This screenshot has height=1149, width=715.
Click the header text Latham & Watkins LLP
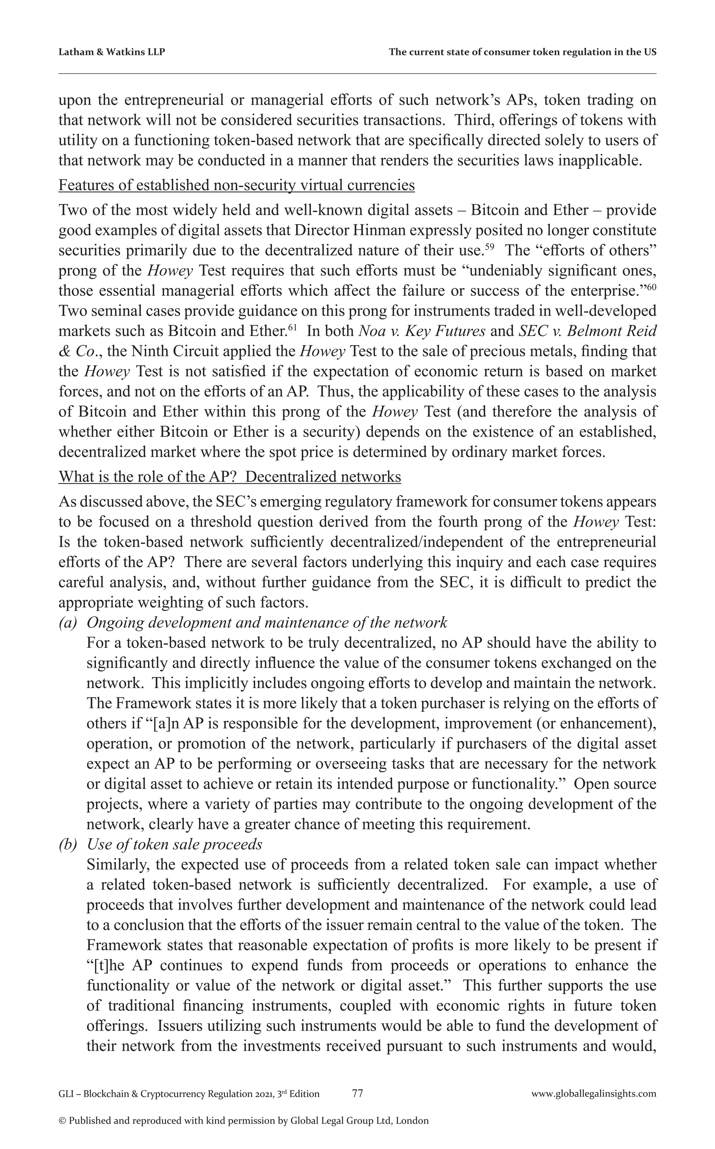[112, 52]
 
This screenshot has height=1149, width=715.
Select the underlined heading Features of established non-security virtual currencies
[236, 185]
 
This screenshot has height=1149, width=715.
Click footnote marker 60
[651, 286]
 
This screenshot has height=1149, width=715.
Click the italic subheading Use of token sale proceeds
[175, 844]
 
